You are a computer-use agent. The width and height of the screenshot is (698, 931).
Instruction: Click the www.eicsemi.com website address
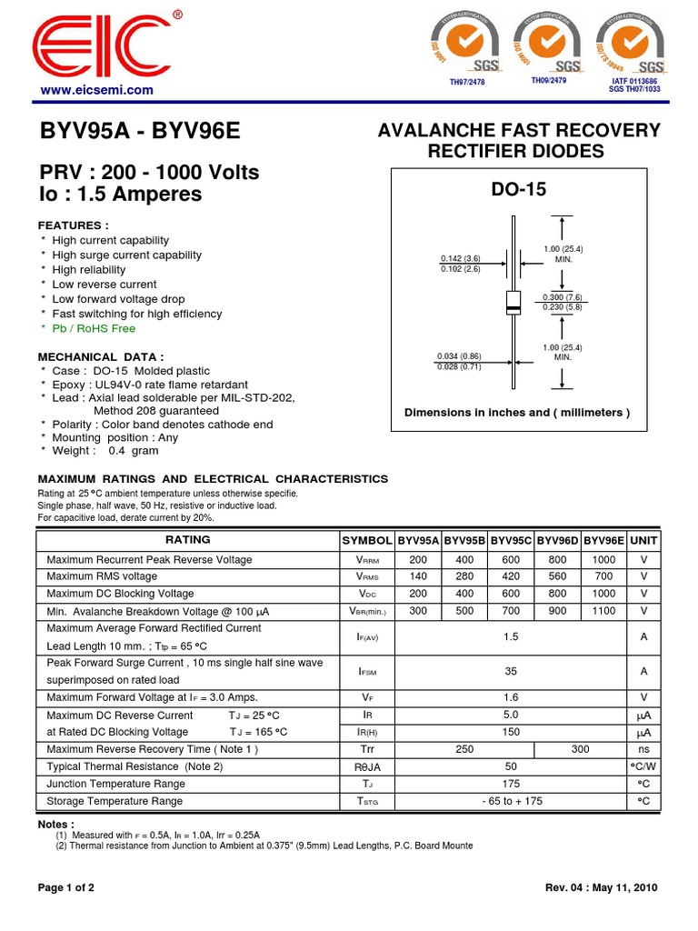click(x=95, y=91)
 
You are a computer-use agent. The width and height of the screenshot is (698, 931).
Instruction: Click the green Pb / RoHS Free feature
click(x=94, y=328)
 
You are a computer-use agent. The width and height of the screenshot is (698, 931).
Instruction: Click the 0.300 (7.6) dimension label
click(x=563, y=297)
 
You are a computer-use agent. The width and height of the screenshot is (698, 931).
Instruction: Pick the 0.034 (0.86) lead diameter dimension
click(x=459, y=355)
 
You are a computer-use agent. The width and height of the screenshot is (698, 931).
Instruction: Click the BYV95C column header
click(x=511, y=540)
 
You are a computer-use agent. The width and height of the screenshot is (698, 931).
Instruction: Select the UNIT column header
click(x=643, y=540)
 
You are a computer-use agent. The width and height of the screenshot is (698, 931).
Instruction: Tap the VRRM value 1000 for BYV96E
click(x=603, y=560)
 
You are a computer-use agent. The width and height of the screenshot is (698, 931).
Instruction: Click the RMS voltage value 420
click(x=511, y=576)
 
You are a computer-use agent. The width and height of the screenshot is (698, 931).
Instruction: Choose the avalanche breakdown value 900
click(x=557, y=611)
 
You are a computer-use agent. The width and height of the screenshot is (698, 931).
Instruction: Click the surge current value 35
click(x=511, y=671)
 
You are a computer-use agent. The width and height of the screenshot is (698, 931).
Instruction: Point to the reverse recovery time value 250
click(x=464, y=749)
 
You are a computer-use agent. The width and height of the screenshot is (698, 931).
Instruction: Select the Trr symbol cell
click(x=367, y=749)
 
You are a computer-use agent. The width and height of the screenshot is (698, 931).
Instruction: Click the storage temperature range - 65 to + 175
click(x=511, y=801)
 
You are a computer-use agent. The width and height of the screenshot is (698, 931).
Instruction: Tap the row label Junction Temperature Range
click(x=115, y=784)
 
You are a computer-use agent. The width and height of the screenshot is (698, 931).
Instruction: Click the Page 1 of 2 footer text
click(x=65, y=887)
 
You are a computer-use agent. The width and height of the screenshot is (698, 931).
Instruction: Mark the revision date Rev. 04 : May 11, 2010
click(x=601, y=887)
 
